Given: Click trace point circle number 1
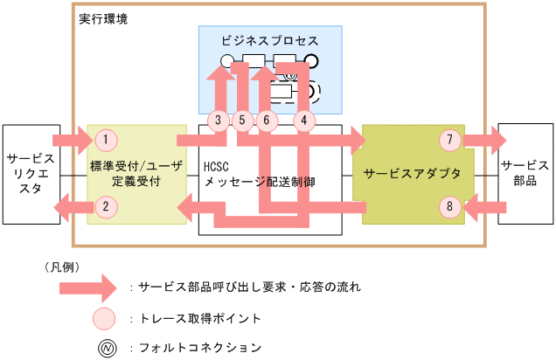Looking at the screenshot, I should click(x=106, y=139).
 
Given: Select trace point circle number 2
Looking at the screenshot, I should click(x=106, y=207).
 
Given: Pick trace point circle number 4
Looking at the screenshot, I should click(x=303, y=119).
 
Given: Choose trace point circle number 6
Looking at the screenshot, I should click(x=268, y=119).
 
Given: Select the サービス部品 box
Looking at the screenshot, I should click(x=525, y=166).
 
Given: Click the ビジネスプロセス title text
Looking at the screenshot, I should click(x=269, y=41).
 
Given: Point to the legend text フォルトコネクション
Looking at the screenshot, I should click(x=200, y=347).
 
